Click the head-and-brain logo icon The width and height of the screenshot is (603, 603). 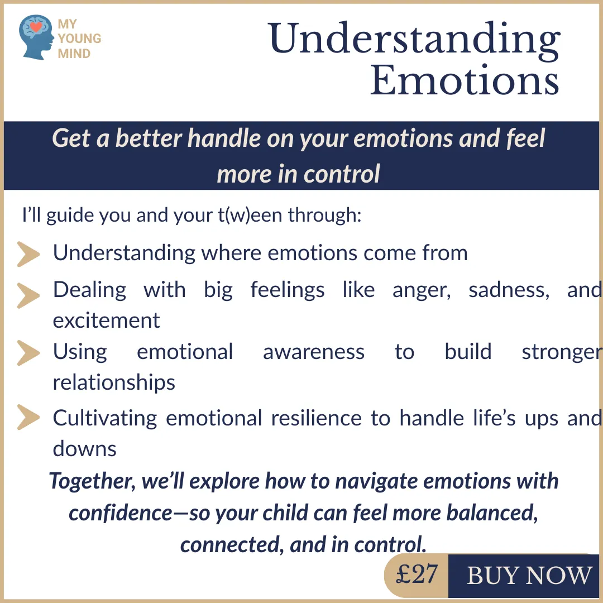(36, 37)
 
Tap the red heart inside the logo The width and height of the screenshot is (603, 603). (36, 27)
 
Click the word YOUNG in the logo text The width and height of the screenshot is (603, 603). (80, 39)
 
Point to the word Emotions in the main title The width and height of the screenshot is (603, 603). (465, 80)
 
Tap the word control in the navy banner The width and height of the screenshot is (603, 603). (342, 174)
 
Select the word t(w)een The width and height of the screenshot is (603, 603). (250, 214)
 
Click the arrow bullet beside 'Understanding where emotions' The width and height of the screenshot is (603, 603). (28, 254)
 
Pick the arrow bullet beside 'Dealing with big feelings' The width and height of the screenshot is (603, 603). (28, 296)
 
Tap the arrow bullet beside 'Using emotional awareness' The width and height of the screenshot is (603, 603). (28, 353)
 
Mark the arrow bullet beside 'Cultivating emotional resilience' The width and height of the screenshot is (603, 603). (28, 417)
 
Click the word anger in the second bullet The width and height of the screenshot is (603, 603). (422, 290)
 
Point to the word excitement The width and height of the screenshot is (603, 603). (106, 320)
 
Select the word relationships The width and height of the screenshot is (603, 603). (114, 382)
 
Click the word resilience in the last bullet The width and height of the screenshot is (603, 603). (316, 418)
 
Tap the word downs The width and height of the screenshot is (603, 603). (85, 448)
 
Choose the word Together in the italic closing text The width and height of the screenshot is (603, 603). (92, 481)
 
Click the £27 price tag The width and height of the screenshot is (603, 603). (417, 575)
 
